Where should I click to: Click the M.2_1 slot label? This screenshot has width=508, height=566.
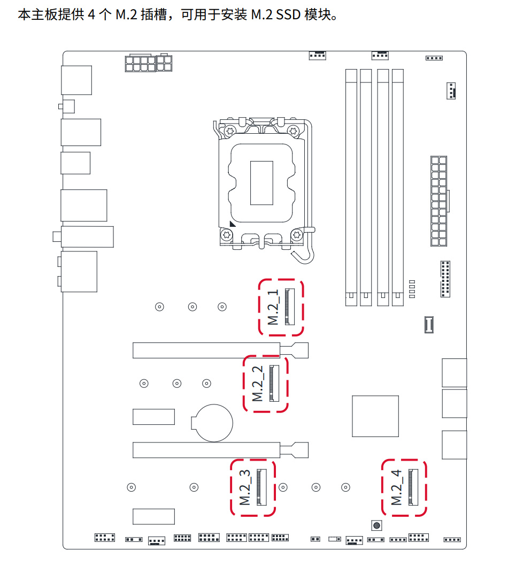(x=273, y=307)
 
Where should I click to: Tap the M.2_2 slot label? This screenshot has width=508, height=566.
(x=258, y=384)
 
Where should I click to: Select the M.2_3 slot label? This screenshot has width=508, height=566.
(x=245, y=487)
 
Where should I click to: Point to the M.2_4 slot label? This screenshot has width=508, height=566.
(x=397, y=487)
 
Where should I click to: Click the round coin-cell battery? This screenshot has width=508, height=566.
(x=212, y=423)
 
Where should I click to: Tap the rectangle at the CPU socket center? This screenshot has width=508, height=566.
(x=261, y=183)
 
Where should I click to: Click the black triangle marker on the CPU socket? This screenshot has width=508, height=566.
(x=233, y=224)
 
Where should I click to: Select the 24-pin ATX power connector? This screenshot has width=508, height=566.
(x=439, y=201)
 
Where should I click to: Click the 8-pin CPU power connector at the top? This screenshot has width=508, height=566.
(x=148, y=63)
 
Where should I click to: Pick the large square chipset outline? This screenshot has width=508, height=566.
(x=375, y=416)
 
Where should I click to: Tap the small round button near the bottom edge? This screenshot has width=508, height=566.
(x=376, y=525)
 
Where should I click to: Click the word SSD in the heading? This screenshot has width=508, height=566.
(x=288, y=14)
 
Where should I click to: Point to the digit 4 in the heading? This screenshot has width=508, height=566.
(x=91, y=14)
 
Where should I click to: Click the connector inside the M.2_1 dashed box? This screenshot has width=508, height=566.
(x=290, y=307)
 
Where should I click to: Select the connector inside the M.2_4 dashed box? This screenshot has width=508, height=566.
(x=413, y=487)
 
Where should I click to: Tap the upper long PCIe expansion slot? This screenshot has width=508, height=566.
(x=220, y=350)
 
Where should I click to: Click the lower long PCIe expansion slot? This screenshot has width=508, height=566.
(x=220, y=450)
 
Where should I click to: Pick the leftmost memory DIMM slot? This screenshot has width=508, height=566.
(x=351, y=188)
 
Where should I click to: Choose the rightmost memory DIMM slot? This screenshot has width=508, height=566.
(x=398, y=188)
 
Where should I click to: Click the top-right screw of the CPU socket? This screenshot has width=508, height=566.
(x=293, y=131)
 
